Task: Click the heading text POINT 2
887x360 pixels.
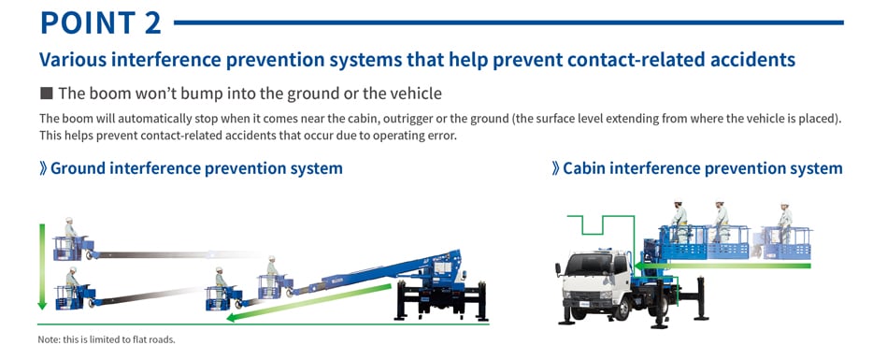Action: pos(101,22)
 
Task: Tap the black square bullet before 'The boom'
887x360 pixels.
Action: pos(47,93)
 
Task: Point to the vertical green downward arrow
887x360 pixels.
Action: pos(42,266)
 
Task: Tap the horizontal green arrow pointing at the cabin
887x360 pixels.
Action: pos(722,266)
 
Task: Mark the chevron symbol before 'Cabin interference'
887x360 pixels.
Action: pos(555,168)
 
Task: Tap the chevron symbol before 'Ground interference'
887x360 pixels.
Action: pos(43,168)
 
